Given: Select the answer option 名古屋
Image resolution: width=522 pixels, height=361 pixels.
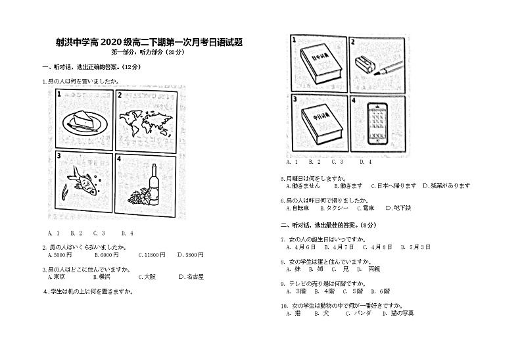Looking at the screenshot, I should pos(194,277).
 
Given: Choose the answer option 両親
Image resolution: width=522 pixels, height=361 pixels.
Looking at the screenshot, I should pos(374,269).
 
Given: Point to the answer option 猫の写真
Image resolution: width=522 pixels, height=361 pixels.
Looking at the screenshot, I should pos(403,313).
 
